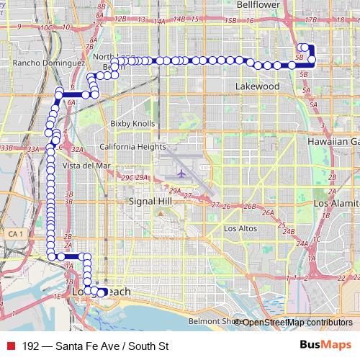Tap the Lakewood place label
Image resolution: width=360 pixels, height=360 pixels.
(x=257, y=86)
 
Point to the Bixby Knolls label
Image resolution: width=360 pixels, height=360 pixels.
(x=132, y=124)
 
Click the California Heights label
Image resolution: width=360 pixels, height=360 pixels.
(x=132, y=146)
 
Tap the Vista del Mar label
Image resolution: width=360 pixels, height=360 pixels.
(x=86, y=165)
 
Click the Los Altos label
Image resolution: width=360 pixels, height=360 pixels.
(x=240, y=228)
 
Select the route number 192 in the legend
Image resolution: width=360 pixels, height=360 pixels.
(x=30, y=346)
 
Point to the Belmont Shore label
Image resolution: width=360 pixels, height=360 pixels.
(x=211, y=321)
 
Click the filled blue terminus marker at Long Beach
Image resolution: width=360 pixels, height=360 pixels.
(x=102, y=292)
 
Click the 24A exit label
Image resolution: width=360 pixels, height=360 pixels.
(x=302, y=244)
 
